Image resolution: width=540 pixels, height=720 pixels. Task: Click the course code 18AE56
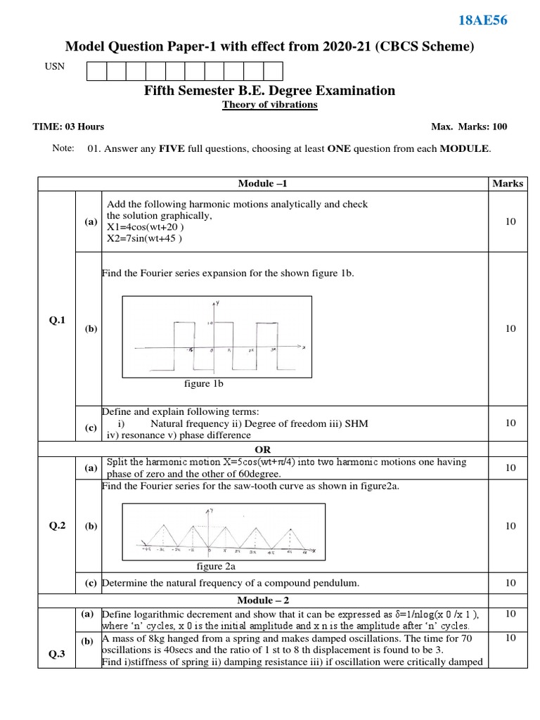pyautogui.click(x=482, y=20)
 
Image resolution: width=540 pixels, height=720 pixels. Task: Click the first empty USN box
pyautogui.click(x=96, y=71)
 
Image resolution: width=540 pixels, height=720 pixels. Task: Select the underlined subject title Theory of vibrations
pyautogui.click(x=270, y=105)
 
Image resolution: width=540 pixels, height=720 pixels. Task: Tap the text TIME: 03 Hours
pyautogui.click(x=68, y=127)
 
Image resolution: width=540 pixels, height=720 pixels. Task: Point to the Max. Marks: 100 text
pyautogui.click(x=469, y=127)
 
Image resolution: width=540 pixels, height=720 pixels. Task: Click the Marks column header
pyautogui.click(x=508, y=184)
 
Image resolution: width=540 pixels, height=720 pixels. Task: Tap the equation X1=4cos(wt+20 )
pyautogui.click(x=146, y=227)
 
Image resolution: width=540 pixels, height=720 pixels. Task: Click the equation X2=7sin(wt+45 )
pyautogui.click(x=145, y=238)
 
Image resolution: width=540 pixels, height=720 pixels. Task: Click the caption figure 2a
pyautogui.click(x=216, y=565)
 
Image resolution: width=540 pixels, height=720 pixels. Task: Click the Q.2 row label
pyautogui.click(x=57, y=525)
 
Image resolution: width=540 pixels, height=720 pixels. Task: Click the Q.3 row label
pyautogui.click(x=57, y=654)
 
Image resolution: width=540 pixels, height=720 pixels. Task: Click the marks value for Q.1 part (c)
pyautogui.click(x=510, y=423)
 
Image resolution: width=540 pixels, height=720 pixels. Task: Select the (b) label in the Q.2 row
pyautogui.click(x=91, y=525)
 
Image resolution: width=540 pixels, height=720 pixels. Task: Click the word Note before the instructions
pyautogui.click(x=63, y=148)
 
